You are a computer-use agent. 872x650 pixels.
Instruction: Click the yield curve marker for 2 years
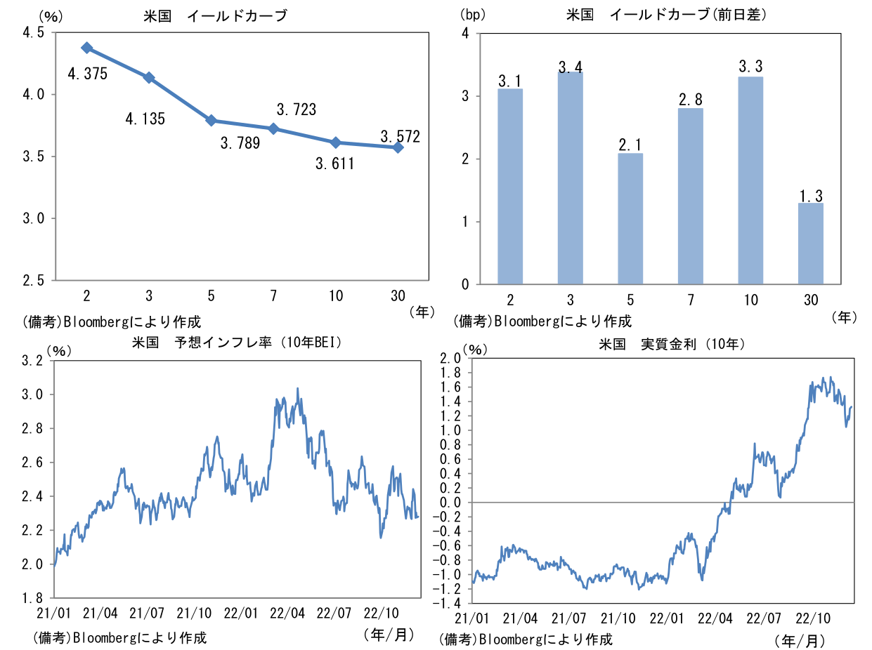[x=86, y=48]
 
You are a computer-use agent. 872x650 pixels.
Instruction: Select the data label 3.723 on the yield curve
[x=296, y=110]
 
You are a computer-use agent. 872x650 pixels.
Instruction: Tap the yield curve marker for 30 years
[x=398, y=147]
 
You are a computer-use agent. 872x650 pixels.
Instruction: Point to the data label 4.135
[x=145, y=119]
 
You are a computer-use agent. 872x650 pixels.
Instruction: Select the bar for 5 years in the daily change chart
[x=630, y=218]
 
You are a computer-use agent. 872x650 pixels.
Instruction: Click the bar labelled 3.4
[x=570, y=178]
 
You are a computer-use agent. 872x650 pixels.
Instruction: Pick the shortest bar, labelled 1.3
[x=811, y=244]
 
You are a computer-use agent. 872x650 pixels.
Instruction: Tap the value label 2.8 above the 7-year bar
[x=691, y=99]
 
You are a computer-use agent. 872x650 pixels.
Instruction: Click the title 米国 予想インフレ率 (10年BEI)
[x=237, y=343]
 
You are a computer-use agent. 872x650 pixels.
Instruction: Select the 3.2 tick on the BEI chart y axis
[x=34, y=361]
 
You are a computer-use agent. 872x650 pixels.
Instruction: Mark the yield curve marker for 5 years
[x=211, y=121]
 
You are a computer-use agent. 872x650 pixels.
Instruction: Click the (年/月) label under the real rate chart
[x=800, y=640]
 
